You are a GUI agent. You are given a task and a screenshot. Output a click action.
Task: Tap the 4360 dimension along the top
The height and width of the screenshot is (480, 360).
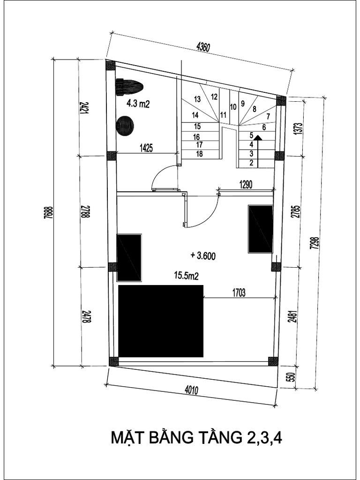(203, 47)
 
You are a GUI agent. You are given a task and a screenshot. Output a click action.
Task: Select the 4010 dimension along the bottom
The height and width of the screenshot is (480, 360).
(191, 390)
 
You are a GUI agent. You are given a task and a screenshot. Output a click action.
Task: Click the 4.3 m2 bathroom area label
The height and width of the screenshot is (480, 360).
(138, 104)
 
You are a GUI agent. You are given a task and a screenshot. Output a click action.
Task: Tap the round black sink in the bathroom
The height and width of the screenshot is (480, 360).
(125, 126)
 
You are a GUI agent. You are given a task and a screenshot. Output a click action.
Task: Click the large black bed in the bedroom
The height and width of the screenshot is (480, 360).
(161, 321)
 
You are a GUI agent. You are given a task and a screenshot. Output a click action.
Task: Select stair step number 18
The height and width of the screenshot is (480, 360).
(199, 154)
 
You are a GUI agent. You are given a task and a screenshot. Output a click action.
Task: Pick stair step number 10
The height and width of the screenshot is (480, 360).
(232, 106)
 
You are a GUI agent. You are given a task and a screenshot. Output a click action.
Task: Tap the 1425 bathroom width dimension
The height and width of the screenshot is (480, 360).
(146, 148)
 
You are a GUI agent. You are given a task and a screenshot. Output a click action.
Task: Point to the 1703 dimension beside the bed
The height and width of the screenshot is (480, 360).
(239, 292)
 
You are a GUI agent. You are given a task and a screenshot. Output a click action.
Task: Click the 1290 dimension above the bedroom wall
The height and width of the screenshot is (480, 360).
(245, 185)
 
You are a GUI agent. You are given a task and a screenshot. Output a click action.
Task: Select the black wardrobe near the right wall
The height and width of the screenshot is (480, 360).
(260, 229)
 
